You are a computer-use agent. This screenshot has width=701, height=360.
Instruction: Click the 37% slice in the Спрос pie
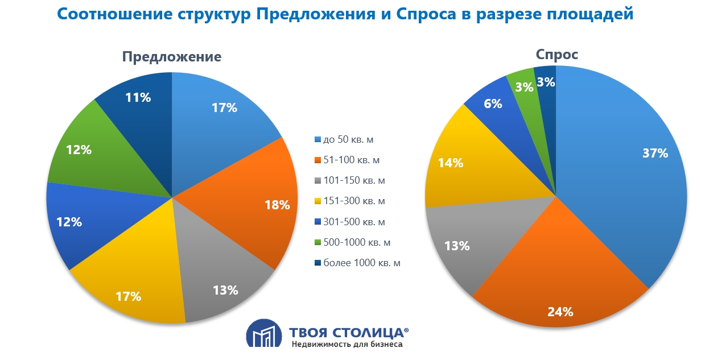pos(637,171)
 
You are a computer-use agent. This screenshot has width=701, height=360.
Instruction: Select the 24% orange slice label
pos(560,311)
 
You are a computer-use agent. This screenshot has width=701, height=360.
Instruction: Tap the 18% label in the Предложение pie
pos(277,205)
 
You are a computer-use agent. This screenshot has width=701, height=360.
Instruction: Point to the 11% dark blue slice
pos(138,97)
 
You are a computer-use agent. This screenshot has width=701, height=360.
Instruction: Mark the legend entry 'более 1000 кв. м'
pos(362,263)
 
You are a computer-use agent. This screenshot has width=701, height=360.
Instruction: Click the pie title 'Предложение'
pos(172,57)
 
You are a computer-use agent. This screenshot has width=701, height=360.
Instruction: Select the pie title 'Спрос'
pos(557,55)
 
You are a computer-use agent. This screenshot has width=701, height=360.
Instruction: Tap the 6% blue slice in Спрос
pos(493,104)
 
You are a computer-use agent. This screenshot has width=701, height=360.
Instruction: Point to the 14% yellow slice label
pos(451,163)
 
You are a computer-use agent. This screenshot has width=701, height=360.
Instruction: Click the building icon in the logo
pos(263,333)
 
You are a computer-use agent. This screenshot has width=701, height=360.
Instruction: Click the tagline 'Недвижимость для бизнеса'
pos(347,345)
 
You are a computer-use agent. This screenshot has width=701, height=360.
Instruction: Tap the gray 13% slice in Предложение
pos(225,290)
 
